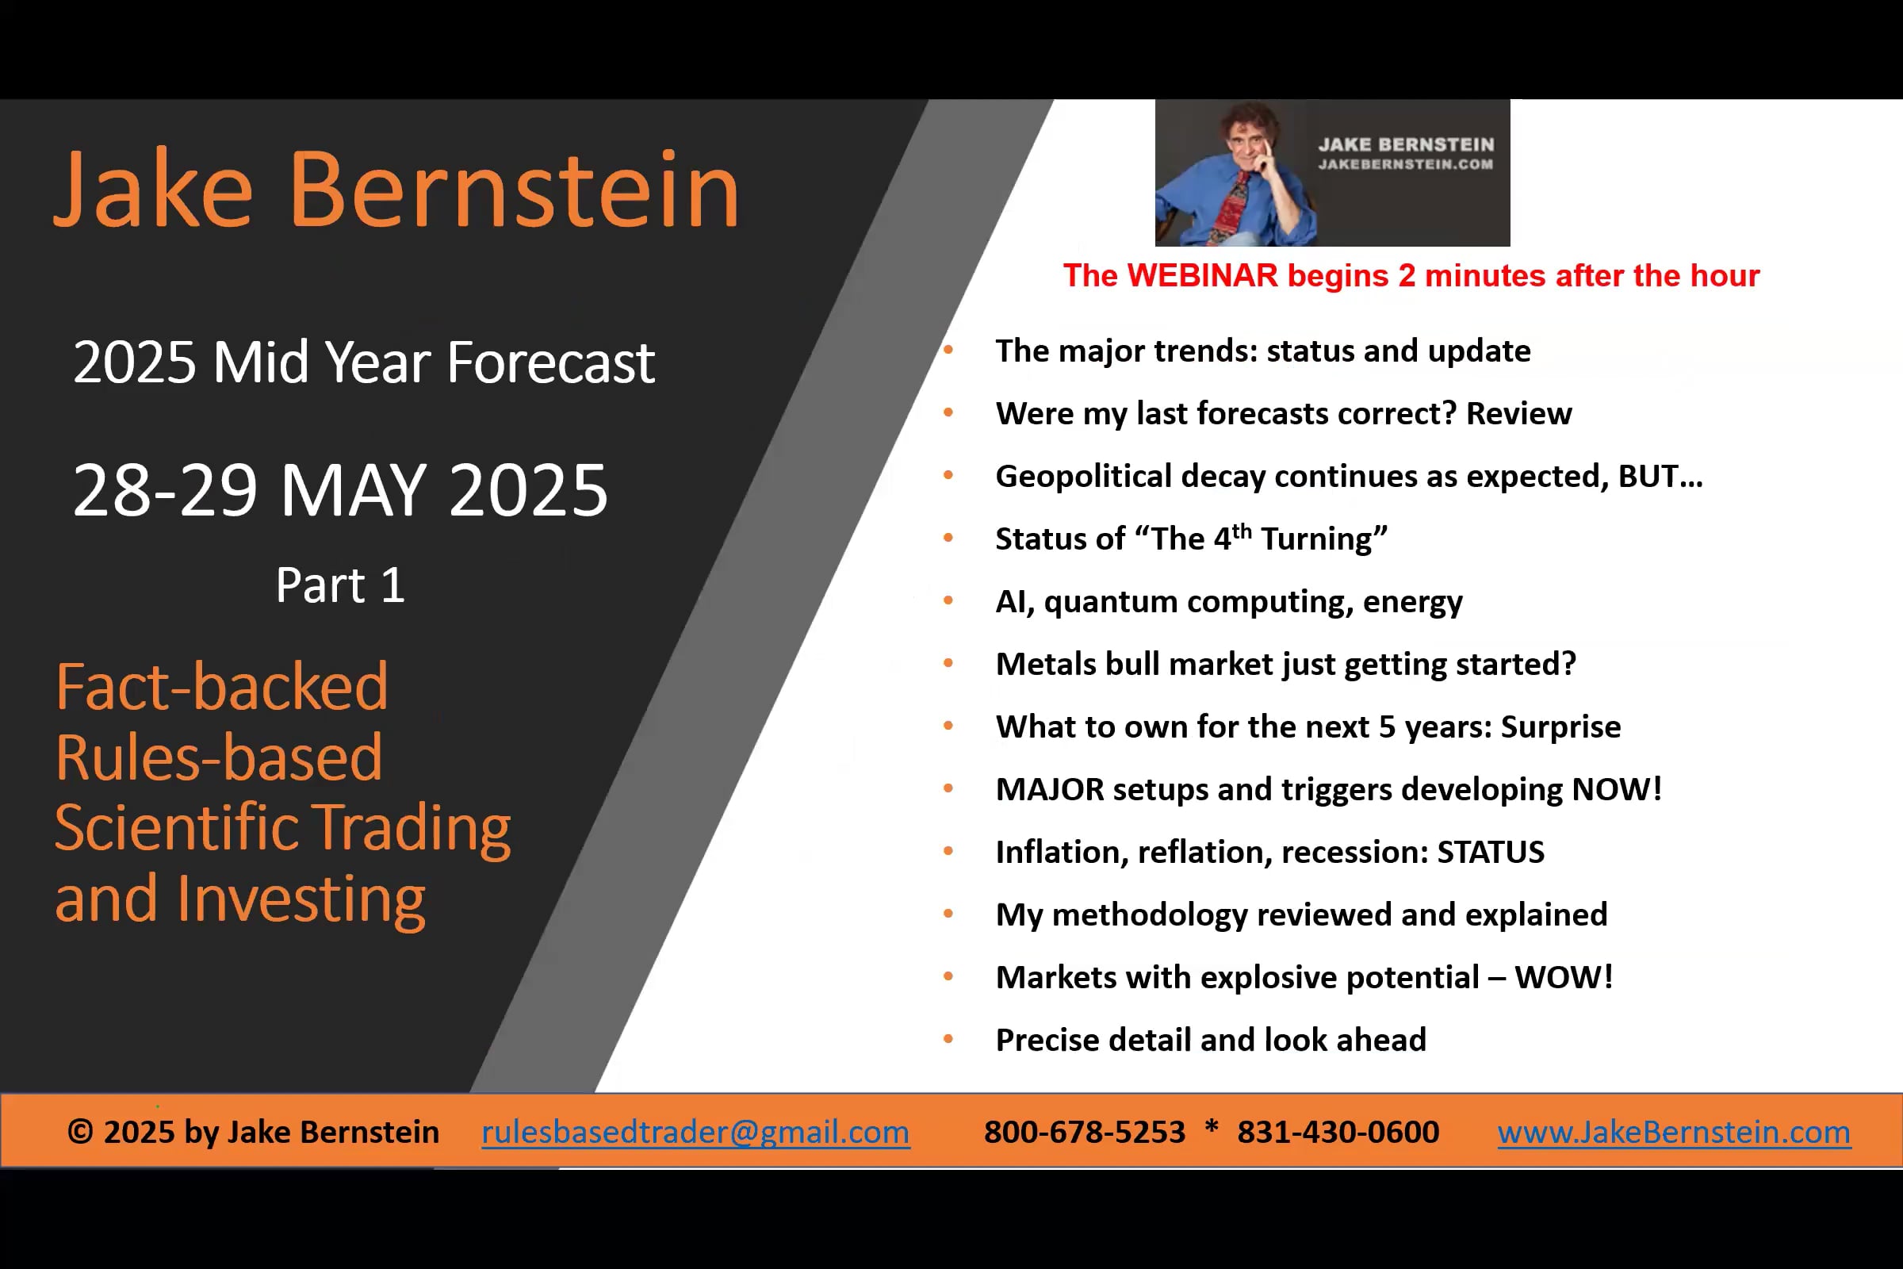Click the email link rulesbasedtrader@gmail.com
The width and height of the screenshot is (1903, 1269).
coord(695,1132)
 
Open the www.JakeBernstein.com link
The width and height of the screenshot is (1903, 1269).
coord(1673,1132)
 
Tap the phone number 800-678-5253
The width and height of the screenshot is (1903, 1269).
coord(1084,1132)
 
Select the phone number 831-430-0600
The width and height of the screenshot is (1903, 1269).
coord(1338,1132)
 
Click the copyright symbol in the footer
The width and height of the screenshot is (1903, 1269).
coord(80,1132)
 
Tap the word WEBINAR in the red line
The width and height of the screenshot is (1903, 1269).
coord(1202,276)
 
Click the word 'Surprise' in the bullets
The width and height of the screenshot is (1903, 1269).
coord(1560,727)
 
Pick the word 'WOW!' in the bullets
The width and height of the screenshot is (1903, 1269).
coord(1563,977)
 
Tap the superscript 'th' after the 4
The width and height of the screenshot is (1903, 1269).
coord(1242,531)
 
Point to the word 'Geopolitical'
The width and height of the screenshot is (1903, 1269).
coord(1083,477)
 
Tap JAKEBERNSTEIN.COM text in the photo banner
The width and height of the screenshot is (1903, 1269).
coord(1405,164)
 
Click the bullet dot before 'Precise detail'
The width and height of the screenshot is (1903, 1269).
coord(948,1039)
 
